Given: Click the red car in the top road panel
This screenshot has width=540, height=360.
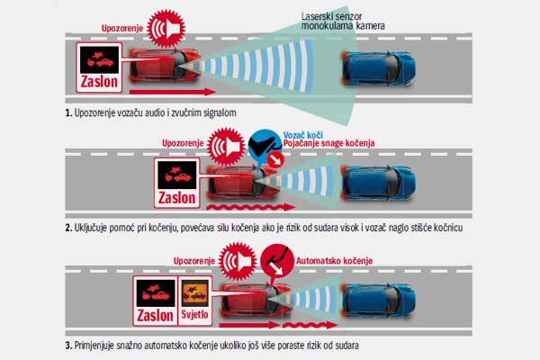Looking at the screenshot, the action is click(165, 65).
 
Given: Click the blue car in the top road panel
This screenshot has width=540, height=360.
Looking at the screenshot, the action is click(379, 67).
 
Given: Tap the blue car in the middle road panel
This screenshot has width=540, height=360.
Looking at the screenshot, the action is click(379, 184).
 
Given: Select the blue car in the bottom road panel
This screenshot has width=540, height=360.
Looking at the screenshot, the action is click(379, 301).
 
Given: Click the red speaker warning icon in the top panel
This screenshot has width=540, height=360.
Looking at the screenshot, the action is click(166, 28).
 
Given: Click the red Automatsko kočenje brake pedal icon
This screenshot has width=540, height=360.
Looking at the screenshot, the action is click(277, 260).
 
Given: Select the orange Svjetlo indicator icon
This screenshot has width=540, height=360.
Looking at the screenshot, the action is click(195, 292).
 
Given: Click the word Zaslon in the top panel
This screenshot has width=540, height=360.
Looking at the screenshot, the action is click(99, 82).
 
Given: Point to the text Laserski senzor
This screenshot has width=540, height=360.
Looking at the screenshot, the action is click(331, 16).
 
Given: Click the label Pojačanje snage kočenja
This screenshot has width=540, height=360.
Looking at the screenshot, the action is click(328, 143).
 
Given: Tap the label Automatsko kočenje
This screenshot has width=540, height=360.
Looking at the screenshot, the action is click(334, 261).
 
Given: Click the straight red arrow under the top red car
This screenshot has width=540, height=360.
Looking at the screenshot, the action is click(172, 92).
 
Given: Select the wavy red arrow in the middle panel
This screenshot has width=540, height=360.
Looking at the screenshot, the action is click(250, 207).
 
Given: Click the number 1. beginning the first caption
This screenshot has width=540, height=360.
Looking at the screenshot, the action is click(68, 112).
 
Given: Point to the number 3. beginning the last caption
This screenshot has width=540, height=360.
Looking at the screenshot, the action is click(68, 346).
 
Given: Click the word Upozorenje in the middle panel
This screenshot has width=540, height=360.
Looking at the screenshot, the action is click(183, 143).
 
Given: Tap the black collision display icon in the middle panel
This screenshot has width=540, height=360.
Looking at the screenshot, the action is click(177, 175).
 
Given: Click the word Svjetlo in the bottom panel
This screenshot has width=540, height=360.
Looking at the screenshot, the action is click(195, 314).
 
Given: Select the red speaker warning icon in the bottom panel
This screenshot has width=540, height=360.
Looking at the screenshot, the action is click(238, 261).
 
